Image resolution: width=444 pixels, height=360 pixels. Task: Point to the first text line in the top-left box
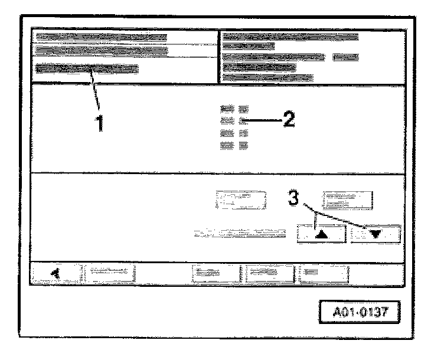[101, 37]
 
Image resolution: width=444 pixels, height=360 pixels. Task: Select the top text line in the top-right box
[290, 37]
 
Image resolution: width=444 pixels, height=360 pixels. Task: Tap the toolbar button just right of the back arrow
[109, 273]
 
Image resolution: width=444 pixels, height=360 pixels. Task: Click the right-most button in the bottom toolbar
[323, 273]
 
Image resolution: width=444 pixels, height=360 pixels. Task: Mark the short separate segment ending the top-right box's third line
[345, 57]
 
